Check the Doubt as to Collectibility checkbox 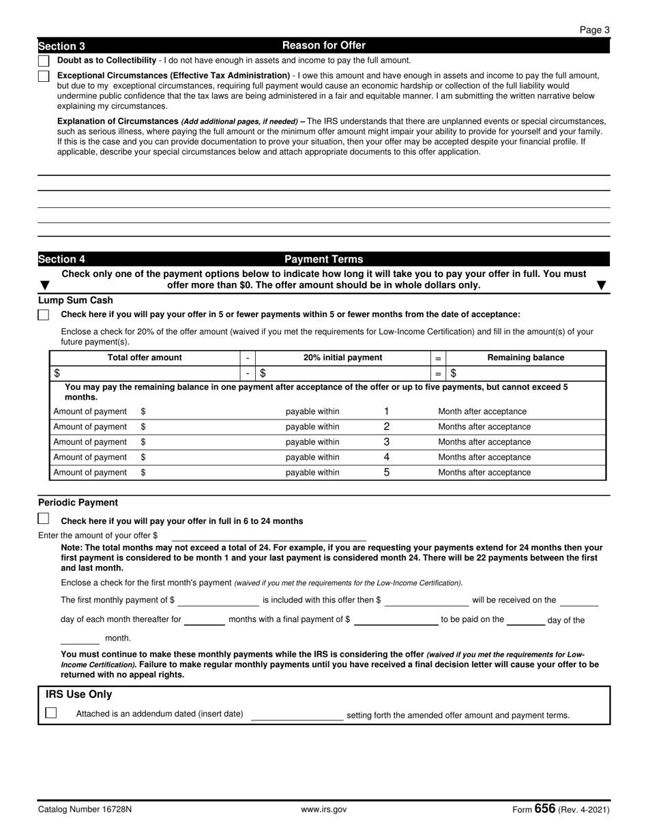(44, 61)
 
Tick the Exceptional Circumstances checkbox (44, 76)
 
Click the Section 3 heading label (62, 46)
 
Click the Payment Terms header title (323, 259)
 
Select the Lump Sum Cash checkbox (44, 315)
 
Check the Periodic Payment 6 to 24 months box (44, 519)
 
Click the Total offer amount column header (145, 357)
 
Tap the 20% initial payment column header (342, 357)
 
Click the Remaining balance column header (525, 357)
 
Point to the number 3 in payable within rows (387, 442)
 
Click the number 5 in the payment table (387, 472)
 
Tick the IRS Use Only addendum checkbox (51, 713)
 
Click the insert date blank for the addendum (297, 715)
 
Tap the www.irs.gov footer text (323, 810)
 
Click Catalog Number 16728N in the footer (85, 810)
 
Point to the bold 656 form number (545, 808)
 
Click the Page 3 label (595, 29)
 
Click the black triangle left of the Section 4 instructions (45, 285)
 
